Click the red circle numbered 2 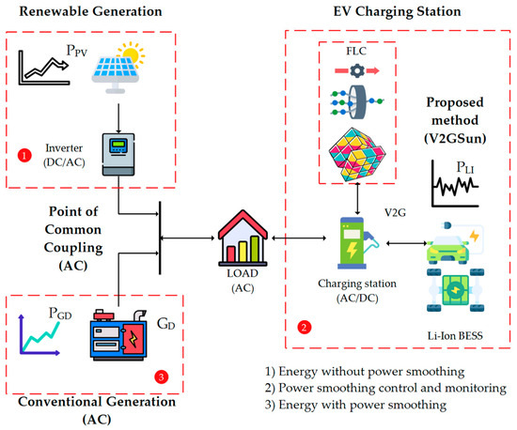point(304,329)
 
